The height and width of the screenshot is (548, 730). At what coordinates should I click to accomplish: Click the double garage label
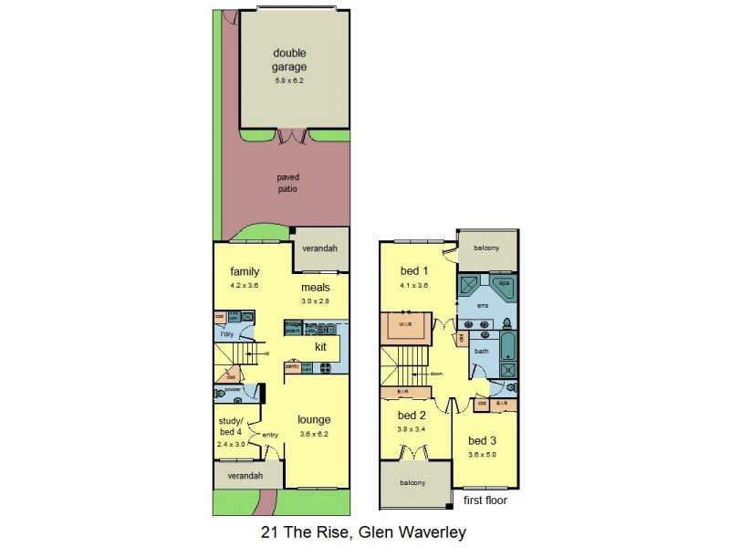(x=289, y=59)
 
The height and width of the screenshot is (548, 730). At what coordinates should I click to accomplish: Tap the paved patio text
(x=288, y=183)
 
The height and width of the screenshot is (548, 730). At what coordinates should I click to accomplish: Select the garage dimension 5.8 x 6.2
(x=288, y=81)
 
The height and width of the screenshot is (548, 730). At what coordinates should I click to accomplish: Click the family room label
(x=245, y=271)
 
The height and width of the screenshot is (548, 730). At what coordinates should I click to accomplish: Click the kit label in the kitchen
(x=320, y=347)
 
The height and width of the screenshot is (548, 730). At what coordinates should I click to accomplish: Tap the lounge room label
(x=314, y=420)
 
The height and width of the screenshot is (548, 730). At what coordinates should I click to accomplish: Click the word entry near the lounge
(x=270, y=435)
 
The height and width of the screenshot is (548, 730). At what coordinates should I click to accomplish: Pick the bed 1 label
(x=414, y=271)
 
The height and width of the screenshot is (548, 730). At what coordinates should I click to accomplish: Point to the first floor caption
(x=485, y=501)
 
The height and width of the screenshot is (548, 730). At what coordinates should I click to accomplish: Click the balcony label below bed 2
(x=412, y=483)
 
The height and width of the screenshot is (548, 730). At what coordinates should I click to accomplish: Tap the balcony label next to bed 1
(x=486, y=246)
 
